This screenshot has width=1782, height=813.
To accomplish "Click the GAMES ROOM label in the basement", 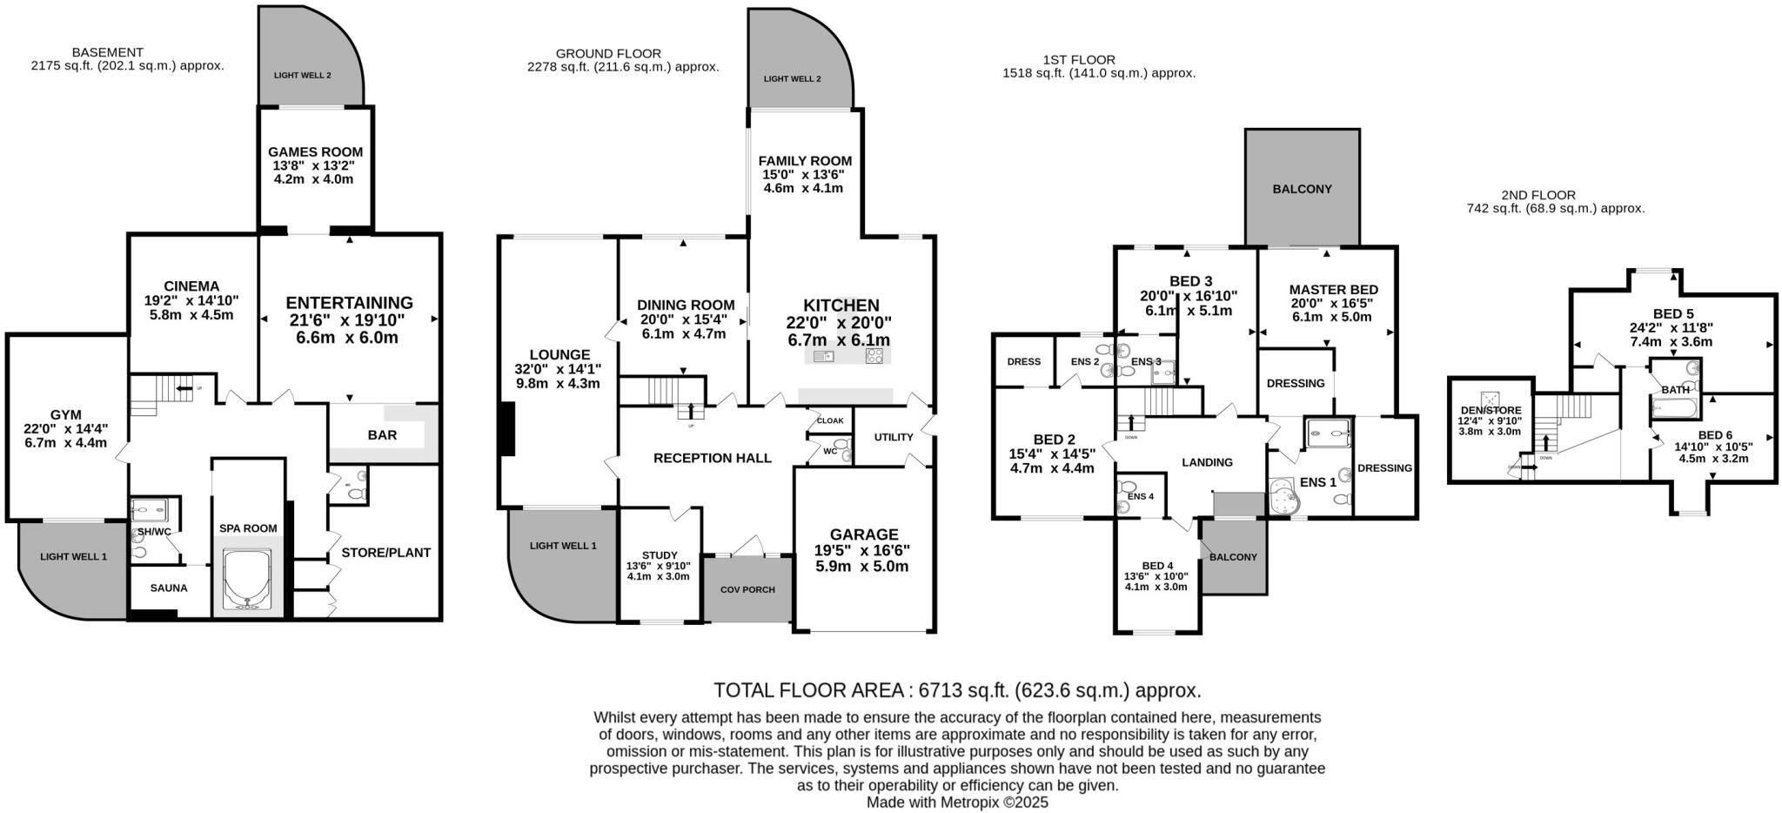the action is pyautogui.click(x=315, y=152).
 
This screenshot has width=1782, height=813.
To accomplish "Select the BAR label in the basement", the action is pyautogui.click(x=382, y=435).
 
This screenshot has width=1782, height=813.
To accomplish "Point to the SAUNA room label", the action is pyautogui.click(x=169, y=588).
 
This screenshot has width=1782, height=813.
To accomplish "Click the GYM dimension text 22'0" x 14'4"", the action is pyautogui.click(x=65, y=428).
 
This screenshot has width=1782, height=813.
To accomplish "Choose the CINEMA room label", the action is pyautogui.click(x=191, y=286).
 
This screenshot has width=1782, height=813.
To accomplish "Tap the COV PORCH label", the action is pyautogui.click(x=747, y=590).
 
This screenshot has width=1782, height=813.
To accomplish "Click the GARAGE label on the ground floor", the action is pyautogui.click(x=863, y=534).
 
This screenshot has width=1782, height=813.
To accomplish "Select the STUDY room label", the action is pyautogui.click(x=659, y=555).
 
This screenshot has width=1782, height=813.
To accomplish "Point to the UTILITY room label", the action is pyautogui.click(x=894, y=438).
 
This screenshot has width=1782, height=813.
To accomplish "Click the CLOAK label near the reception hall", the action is pyautogui.click(x=830, y=421).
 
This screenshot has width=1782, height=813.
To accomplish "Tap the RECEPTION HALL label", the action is pyautogui.click(x=712, y=458).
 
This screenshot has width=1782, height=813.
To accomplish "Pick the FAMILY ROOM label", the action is pyautogui.click(x=805, y=161).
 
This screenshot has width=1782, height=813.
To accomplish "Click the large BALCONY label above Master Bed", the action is pyautogui.click(x=1302, y=189).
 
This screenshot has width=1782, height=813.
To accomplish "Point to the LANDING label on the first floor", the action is pyautogui.click(x=1207, y=462).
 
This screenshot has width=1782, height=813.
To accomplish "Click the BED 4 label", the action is pyautogui.click(x=1157, y=565).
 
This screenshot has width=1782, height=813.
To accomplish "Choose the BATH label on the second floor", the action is pyautogui.click(x=1675, y=390).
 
